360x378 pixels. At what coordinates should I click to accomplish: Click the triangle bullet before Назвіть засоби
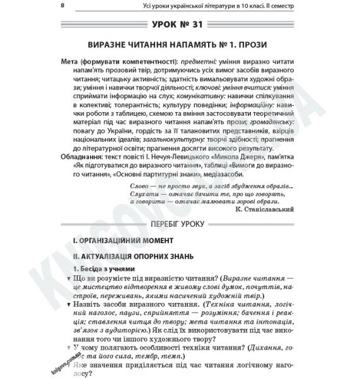coord(69,304)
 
